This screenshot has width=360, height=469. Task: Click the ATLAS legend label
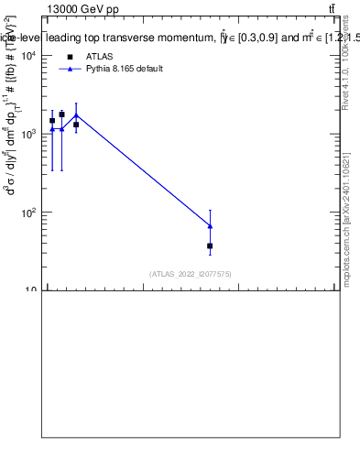click(99, 57)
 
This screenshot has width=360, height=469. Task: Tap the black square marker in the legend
click(70, 57)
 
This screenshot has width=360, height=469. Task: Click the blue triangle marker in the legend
click(70, 69)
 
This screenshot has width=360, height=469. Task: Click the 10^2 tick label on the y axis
click(27, 213)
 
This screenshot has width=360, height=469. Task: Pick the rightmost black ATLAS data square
click(210, 245)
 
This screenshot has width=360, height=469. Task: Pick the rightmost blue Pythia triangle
click(210, 225)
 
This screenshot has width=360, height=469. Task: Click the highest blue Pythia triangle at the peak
click(76, 115)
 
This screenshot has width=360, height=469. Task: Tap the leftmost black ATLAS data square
click(52, 120)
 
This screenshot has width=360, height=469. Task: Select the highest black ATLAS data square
click(61, 115)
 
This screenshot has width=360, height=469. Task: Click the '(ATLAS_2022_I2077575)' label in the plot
click(191, 274)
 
